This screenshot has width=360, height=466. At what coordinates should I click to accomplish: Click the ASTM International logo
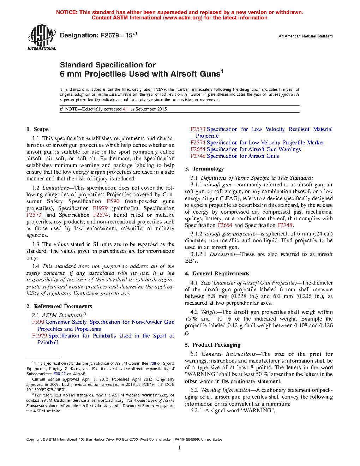tap(42, 37)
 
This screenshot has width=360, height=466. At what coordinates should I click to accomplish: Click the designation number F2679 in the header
tap(109, 35)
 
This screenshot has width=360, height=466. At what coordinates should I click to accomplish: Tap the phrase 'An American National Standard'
tap(306, 36)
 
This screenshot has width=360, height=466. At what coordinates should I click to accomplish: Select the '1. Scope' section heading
tap(37, 129)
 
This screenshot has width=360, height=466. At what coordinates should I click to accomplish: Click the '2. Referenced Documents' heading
tap(59, 306)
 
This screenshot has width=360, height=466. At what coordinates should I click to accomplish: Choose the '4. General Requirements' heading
tap(217, 274)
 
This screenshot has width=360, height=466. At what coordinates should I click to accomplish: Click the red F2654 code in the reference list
tap(198, 149)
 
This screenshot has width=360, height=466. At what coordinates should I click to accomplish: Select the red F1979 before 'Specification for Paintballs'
tap(40, 336)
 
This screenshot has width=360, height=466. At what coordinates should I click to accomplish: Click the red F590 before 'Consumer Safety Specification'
tap(38, 322)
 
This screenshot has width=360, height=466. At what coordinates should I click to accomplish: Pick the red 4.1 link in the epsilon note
tap(126, 109)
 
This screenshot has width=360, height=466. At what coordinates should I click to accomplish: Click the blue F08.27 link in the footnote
tap(59, 374)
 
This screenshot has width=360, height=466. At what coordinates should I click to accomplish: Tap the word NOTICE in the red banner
tap(67, 12)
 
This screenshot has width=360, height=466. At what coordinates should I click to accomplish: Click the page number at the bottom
tap(180, 448)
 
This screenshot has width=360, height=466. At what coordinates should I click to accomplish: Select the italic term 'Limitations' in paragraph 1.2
tap(55, 188)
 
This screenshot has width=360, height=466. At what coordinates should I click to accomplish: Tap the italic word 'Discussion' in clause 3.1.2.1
tap(222, 254)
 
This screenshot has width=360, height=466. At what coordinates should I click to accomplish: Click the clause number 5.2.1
tap(196, 411)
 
